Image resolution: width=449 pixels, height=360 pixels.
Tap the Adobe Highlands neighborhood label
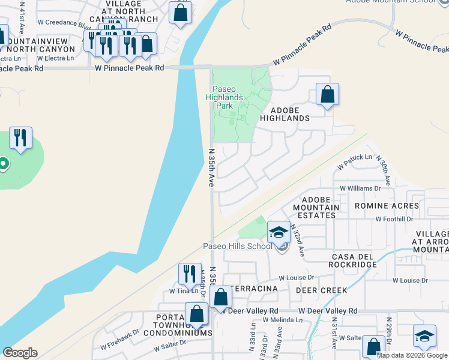click(x=285, y=114)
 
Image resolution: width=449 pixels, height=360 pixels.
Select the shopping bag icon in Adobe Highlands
click(x=327, y=94)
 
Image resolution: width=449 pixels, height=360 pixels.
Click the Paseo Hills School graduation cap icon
click(x=279, y=233)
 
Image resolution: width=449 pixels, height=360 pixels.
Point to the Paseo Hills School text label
click(x=237, y=246)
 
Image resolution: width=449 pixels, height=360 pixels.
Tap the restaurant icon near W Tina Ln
click(x=190, y=274)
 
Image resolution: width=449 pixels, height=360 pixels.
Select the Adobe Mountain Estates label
click(x=316, y=207)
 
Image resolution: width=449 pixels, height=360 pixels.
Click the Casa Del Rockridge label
click(x=354, y=260)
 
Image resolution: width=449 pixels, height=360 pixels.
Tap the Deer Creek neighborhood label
click(x=321, y=290)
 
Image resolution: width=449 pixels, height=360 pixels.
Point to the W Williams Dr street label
click(x=360, y=188)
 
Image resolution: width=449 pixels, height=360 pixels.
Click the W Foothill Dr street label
click(x=394, y=219)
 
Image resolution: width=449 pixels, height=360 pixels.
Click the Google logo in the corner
click(x=20, y=353)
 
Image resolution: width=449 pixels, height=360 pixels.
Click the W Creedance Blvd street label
click(x=64, y=25)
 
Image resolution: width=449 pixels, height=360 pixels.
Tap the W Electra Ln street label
click(x=55, y=58)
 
